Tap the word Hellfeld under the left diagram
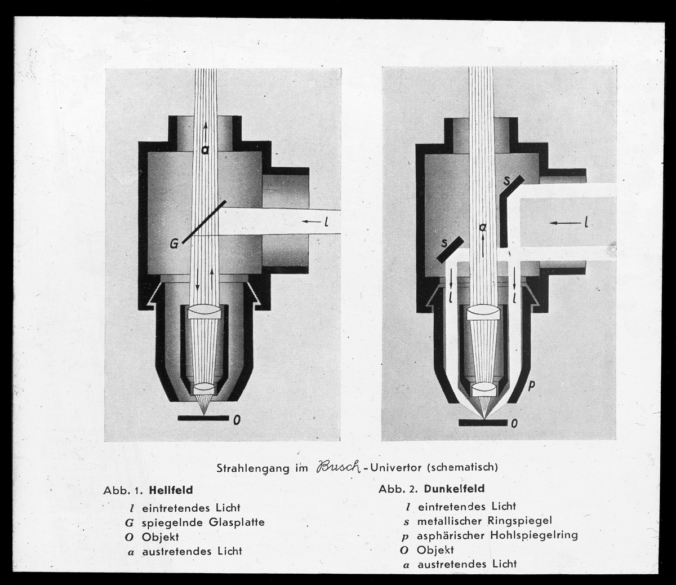pyautogui.click(x=171, y=490)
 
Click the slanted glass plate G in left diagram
pyautogui.click(x=204, y=222)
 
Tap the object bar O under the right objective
pyautogui.click(x=483, y=422)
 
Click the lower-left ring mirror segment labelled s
pyautogui.click(x=451, y=250)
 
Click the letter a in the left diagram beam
pyautogui.click(x=205, y=150)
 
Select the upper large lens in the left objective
pyautogui.click(x=205, y=312)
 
